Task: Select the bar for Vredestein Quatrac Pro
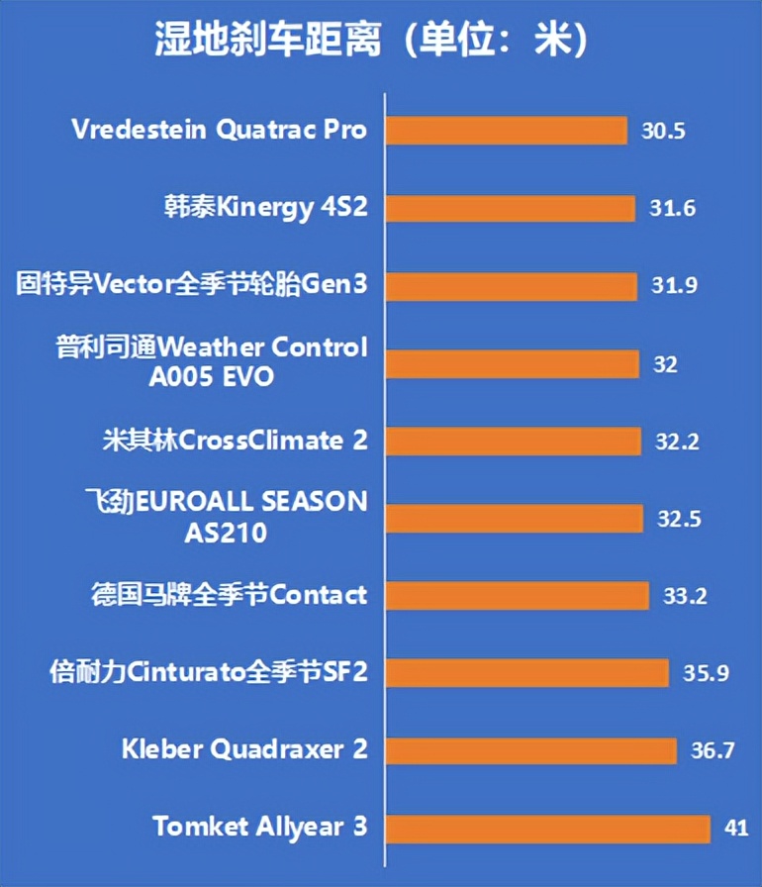pos(506,131)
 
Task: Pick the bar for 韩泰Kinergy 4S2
pos(510,208)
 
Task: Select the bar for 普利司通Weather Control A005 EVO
pos(512,363)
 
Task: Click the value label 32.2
pos(677,442)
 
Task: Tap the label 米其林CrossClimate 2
pos(236,441)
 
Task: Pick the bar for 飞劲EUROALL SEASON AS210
pos(514,518)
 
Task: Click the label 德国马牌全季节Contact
pos(228,595)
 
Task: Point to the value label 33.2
pos(684,596)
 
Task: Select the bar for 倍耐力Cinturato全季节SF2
pos(527,673)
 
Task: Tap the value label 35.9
pos(706,673)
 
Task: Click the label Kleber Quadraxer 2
pos(244,749)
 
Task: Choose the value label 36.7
pos(713,750)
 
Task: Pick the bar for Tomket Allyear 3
pos(547,828)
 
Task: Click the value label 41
pos(736,828)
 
